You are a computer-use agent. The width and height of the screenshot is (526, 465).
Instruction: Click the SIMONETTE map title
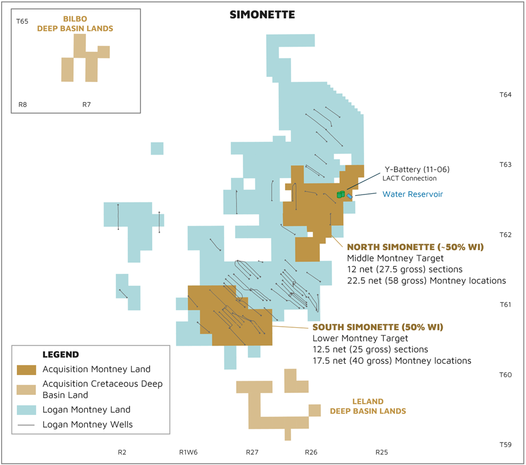coord(262,15)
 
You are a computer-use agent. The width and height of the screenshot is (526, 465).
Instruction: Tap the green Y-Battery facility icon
coord(340,194)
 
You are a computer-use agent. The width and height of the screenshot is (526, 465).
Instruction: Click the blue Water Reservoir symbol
coord(350,196)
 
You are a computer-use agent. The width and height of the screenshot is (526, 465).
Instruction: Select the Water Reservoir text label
coord(412,194)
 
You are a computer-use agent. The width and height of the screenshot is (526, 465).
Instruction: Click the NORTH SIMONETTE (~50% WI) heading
coord(415,247)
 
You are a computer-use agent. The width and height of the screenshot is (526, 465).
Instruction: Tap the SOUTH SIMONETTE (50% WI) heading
coord(378,327)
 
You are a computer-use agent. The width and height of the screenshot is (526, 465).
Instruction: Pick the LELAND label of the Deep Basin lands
coord(368,401)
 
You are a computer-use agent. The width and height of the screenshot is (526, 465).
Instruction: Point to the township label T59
coord(505,445)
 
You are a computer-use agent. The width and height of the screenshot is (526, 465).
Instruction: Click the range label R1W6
coord(188,452)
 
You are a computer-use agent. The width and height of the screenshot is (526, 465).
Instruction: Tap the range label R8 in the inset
coord(22,105)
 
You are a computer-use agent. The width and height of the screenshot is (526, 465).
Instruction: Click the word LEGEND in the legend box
coord(61,355)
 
